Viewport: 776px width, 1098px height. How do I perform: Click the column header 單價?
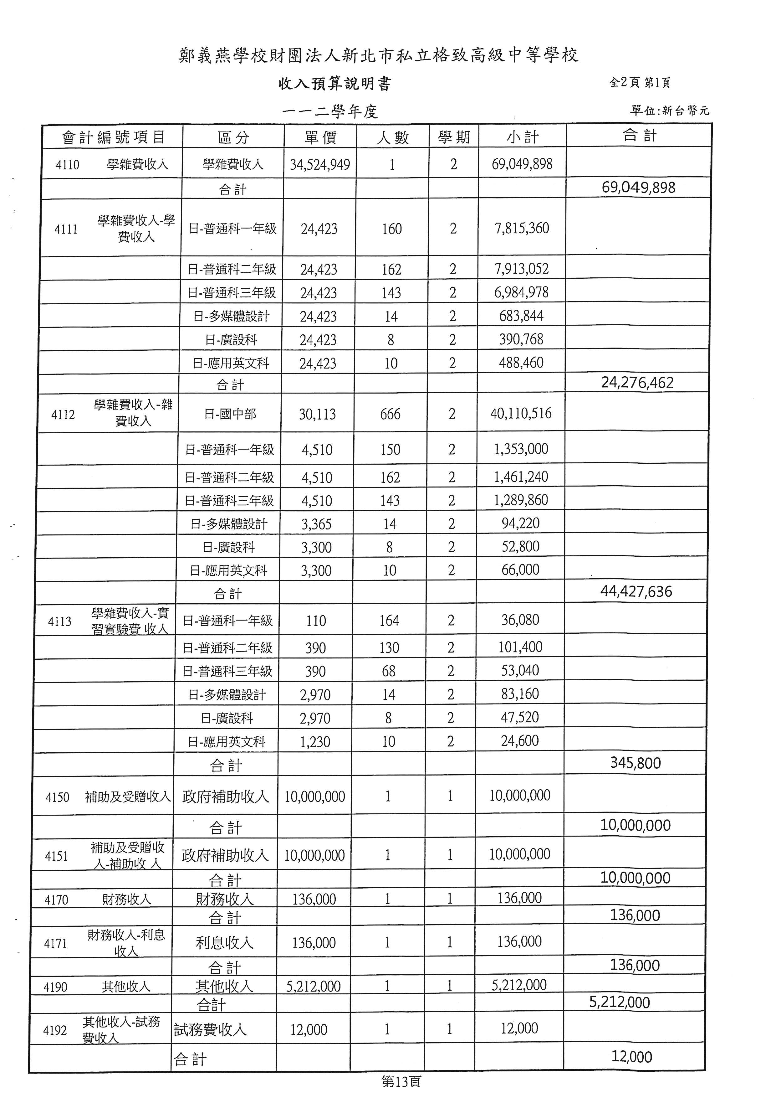coord(320,138)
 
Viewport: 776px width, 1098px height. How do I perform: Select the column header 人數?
coord(392,138)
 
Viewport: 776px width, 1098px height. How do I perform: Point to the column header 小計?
coord(522,138)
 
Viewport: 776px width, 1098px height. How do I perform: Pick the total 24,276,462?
coord(637,383)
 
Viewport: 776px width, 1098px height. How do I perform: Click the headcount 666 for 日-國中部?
coord(391,414)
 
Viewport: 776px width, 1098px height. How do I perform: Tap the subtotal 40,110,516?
coord(521,414)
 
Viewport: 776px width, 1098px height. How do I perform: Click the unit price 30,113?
coord(317,414)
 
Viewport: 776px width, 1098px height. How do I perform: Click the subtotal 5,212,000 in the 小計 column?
coord(519,985)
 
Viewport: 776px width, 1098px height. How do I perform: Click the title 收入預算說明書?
coord(334,84)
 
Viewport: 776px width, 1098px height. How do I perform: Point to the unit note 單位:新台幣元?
coord(669,111)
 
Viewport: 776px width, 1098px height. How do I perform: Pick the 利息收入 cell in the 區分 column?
coord(224,943)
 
